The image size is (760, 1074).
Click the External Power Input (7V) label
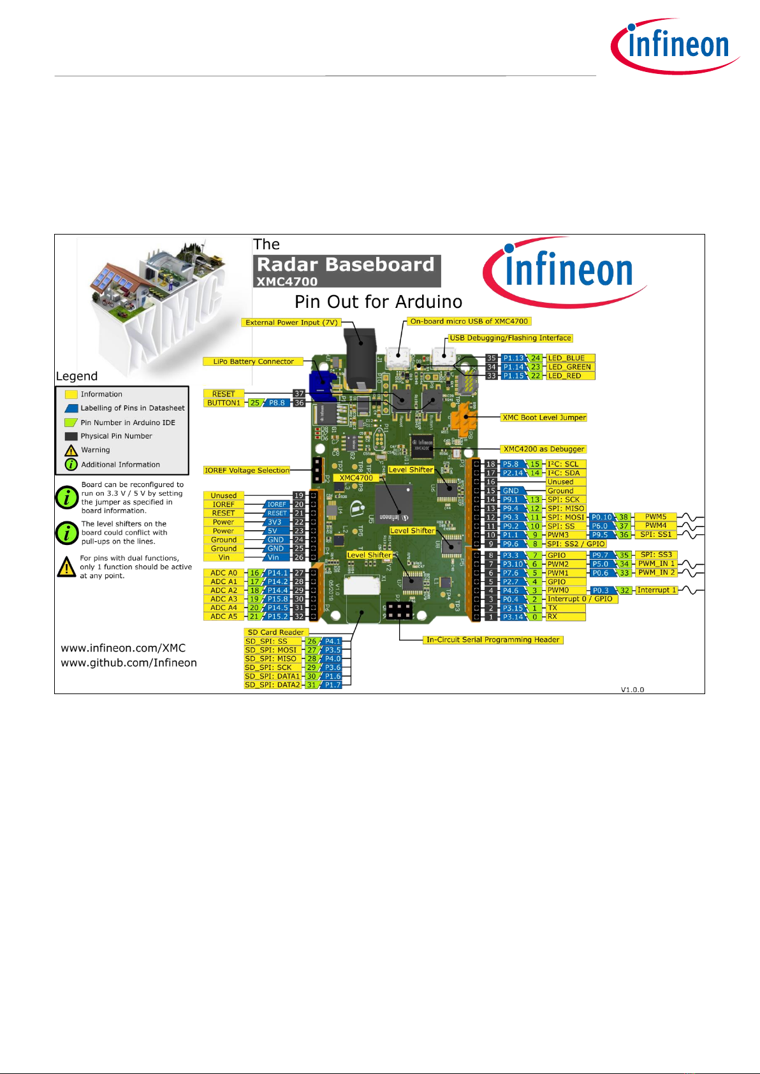[291, 323]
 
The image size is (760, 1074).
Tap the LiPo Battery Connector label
[253, 361]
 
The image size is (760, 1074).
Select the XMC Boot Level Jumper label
[544, 417]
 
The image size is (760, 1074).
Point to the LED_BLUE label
[566, 358]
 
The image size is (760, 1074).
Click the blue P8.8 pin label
[277, 403]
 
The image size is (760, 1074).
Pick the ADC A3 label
[224, 599]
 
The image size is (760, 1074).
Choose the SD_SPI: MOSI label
[271, 650]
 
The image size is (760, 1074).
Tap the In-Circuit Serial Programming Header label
[493, 640]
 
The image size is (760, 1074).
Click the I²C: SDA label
[564, 473]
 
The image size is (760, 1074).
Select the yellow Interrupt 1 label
[657, 590]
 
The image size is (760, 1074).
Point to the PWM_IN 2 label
[657, 572]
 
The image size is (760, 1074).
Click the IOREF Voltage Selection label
[247, 470]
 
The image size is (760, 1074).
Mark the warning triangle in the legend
[71, 450]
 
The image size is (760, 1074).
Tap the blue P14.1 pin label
[277, 573]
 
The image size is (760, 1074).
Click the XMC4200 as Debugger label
[544, 449]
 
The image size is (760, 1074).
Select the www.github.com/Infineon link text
[129, 663]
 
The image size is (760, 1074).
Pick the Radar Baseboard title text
[346, 265]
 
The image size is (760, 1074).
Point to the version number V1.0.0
[632, 690]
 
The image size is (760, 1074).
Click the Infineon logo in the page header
[676, 46]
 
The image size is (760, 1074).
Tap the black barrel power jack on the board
[360, 354]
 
